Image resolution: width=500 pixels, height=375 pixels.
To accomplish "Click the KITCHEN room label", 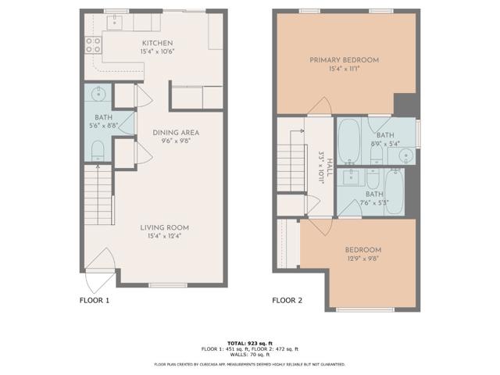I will point(157,43).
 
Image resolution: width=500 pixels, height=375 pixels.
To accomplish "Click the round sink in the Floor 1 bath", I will point(98,95).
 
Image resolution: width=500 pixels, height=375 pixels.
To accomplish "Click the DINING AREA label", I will point(176,133).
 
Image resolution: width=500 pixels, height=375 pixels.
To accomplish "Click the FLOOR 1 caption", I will point(95,299).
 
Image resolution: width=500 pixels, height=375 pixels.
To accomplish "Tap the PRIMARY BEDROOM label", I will point(344,60).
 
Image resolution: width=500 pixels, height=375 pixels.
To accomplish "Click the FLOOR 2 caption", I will point(287,299).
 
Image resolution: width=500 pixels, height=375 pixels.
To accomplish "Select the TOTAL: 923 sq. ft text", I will point(249,343).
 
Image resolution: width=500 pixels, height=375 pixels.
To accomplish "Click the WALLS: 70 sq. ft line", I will point(249,354).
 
